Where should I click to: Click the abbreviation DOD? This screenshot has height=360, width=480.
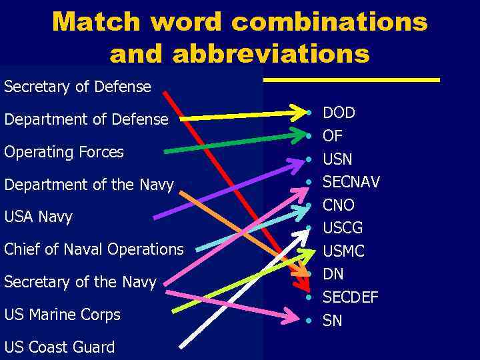point(339,113)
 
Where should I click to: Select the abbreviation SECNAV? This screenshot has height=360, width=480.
point(351,182)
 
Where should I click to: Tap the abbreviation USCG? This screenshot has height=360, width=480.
point(343,228)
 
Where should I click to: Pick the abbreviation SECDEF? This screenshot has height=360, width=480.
point(350,297)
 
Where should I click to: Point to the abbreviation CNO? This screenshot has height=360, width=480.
point(339,205)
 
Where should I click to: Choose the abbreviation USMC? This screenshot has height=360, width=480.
point(343,251)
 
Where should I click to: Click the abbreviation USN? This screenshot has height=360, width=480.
point(337,159)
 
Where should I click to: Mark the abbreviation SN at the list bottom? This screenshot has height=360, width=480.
point(333,321)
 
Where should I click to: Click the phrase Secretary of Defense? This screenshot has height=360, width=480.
point(77,87)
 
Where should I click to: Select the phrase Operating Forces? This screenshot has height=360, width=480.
point(64,152)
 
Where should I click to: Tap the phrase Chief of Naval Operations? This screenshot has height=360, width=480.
point(93,249)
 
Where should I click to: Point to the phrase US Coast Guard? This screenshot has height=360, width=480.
point(59,347)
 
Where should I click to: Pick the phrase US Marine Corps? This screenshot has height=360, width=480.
point(62,315)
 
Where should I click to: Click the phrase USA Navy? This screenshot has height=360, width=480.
point(38,217)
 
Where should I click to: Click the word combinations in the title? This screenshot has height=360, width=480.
point(329,23)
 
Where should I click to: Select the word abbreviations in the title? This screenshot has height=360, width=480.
point(271,53)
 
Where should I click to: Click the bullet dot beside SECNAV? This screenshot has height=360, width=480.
point(309,182)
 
